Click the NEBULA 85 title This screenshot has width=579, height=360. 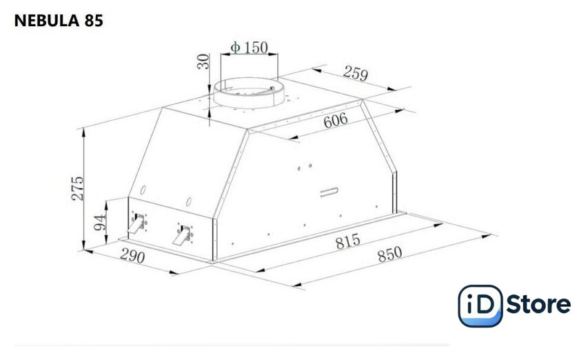59,21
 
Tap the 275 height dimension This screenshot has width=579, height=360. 77,188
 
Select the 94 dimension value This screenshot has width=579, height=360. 99,222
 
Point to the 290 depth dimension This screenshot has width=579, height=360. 132,256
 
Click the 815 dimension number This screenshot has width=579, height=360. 348,241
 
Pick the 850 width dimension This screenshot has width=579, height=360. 390,254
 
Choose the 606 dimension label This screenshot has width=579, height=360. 336,120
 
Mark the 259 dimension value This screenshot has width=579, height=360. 356,73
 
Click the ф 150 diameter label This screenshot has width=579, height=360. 250,48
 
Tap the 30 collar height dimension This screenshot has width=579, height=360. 203,61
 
